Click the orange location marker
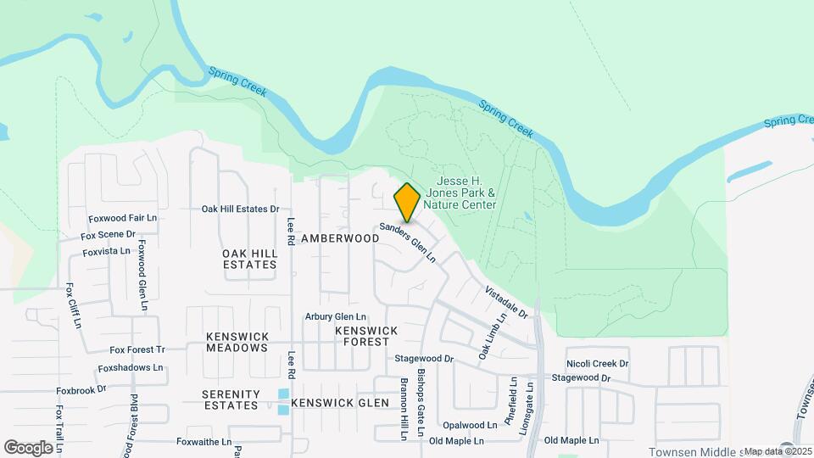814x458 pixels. click(x=408, y=203)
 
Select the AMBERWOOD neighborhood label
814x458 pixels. click(x=339, y=238)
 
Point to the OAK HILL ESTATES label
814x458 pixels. click(x=249, y=259)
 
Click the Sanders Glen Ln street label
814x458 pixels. click(x=407, y=242)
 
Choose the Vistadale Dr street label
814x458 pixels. click(x=506, y=303)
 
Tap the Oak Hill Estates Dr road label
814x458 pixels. click(x=240, y=209)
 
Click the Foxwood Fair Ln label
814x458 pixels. click(x=123, y=218)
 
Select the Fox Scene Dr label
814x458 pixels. click(x=108, y=234)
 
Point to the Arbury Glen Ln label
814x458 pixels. click(x=336, y=317)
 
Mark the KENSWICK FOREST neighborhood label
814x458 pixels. click(x=365, y=336)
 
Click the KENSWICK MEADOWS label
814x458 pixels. click(x=237, y=342)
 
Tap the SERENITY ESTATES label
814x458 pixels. click(x=230, y=399)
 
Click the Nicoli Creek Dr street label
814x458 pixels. click(x=598, y=364)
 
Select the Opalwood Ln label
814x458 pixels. click(x=470, y=425)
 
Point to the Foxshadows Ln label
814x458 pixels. click(x=131, y=368)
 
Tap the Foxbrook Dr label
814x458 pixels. click(x=81, y=390)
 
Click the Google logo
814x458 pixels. click(x=28, y=447)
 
